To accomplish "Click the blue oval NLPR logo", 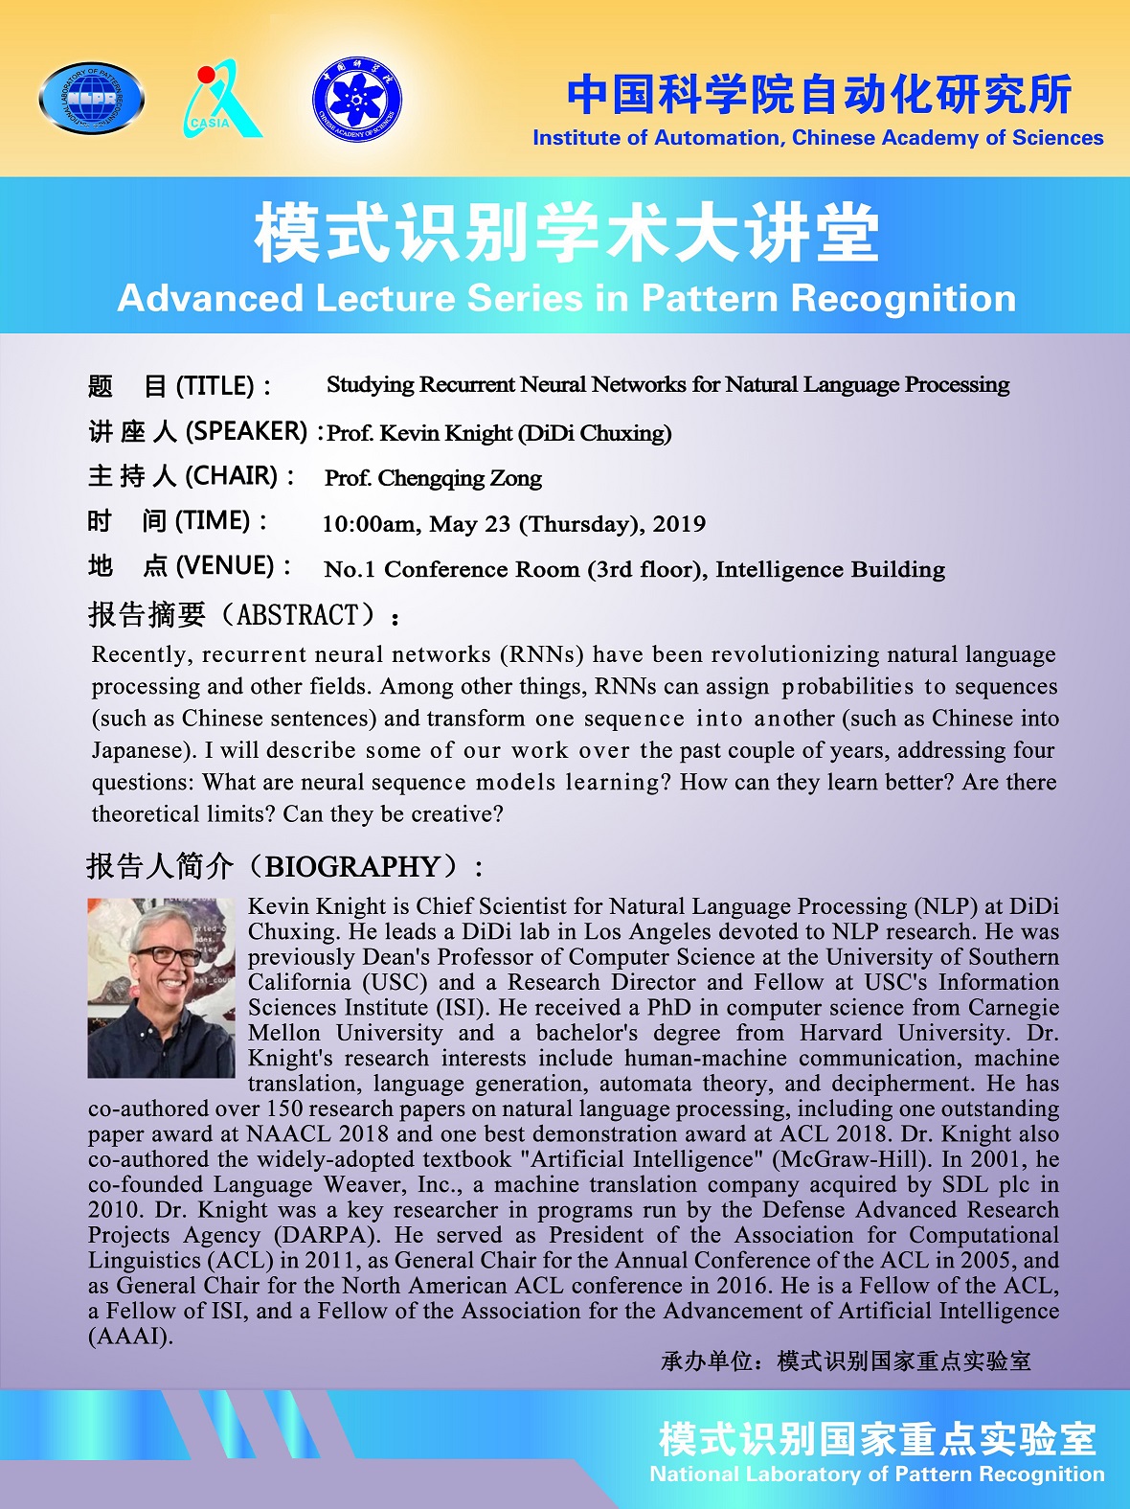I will tap(92, 98).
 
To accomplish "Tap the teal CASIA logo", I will tap(220, 100).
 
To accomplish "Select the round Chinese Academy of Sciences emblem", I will tap(357, 99).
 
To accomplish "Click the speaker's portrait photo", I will tap(161, 987).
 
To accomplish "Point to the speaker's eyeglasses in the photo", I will tap(168, 955).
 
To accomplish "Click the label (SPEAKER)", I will tap(247, 431).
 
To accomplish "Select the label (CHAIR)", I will tap(231, 476).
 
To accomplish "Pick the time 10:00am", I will tap(369, 524).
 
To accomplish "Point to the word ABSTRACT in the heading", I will tap(298, 614).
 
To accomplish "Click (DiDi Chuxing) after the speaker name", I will tap(595, 433).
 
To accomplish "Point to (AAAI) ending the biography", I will tap(130, 1336).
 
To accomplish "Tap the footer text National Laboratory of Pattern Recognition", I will tap(876, 1474).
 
